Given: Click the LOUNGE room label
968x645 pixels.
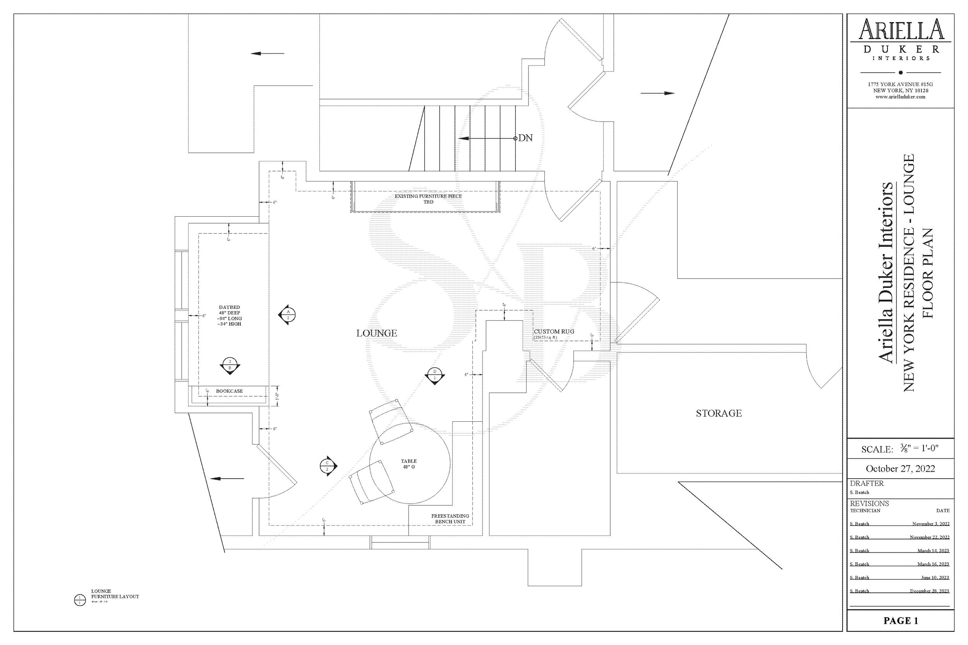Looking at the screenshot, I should click(377, 333).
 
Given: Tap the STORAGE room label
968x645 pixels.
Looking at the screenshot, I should click(719, 413).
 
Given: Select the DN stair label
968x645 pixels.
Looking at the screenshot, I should click(525, 138).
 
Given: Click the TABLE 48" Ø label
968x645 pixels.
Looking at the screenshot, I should click(408, 464).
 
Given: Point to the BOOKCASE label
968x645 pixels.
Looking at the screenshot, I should click(229, 391).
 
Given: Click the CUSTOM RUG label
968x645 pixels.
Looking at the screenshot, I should click(554, 332).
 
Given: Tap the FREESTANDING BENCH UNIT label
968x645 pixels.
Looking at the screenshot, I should click(450, 519).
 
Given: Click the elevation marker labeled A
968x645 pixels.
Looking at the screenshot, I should click(288, 315).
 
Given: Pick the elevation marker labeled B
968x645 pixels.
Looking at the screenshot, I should click(230, 365).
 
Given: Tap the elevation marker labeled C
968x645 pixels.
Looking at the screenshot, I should click(328, 466).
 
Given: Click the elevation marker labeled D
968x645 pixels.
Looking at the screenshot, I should click(434, 375).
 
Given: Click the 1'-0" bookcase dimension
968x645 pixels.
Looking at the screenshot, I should click(277, 396).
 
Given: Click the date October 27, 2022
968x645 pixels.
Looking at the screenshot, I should click(900, 469).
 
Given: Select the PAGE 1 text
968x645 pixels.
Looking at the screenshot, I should click(901, 620).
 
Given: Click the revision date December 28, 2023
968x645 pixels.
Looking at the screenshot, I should click(929, 591).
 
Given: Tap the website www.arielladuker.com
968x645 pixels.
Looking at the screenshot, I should click(900, 97).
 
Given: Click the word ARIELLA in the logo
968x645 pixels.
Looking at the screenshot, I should click(901, 30).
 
